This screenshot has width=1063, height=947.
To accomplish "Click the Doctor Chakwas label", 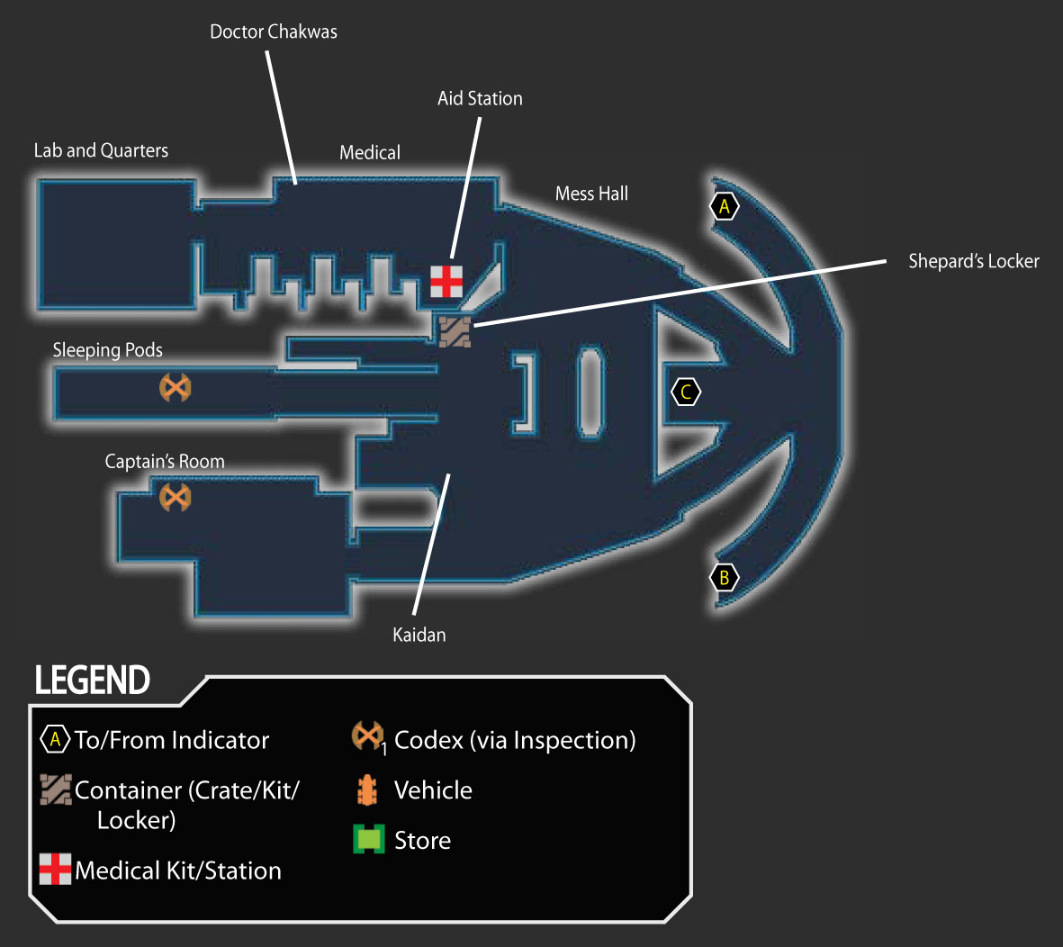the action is point(274,32).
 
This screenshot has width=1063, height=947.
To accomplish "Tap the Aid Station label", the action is point(480,98).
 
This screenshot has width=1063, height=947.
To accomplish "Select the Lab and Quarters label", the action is point(101,150).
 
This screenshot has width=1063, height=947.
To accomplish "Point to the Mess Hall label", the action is point(592,194).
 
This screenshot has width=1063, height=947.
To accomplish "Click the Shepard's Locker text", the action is point(974,261).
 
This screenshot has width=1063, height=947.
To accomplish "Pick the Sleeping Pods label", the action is point(108,350).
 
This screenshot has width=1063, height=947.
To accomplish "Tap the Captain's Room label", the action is point(165,462).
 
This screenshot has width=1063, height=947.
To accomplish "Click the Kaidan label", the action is point(419,636).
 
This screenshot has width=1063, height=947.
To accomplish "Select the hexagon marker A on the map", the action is point(724,206).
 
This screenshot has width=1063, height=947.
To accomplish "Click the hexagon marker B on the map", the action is point(724,578).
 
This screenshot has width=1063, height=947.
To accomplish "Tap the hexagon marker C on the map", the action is point(685,392).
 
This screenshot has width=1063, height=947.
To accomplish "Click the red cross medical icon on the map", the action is point(446,282).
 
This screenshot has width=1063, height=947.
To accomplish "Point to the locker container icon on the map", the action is point(455,331).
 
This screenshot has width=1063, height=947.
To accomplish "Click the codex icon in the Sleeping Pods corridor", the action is point(175,388).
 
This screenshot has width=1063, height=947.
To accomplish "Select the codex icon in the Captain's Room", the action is point(175,498).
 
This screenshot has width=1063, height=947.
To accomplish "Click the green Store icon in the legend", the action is point(369,839).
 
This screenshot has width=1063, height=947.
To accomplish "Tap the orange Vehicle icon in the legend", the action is point(366,789).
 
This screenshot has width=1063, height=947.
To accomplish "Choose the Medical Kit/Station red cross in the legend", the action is point(55,869).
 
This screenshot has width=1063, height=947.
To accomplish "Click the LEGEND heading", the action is point(92,681).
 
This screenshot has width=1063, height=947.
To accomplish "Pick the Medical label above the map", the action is point(369,152).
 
